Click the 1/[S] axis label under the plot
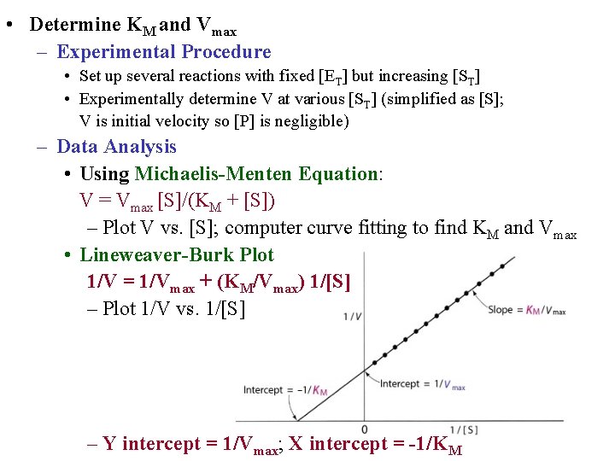(463, 429)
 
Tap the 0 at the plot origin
(365, 429)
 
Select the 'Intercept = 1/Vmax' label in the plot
(423, 385)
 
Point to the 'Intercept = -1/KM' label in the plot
(285, 390)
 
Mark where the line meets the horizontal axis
(298, 419)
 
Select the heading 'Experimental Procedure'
(163, 52)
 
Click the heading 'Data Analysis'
(116, 147)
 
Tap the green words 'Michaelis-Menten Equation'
(256, 174)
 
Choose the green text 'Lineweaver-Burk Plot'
(177, 254)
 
